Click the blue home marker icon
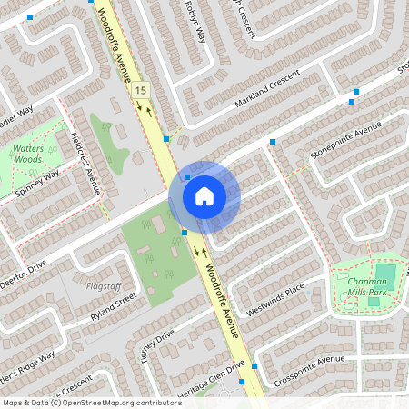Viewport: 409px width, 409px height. tap(204, 195)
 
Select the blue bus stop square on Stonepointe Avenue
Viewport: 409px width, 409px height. tap(272, 142)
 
